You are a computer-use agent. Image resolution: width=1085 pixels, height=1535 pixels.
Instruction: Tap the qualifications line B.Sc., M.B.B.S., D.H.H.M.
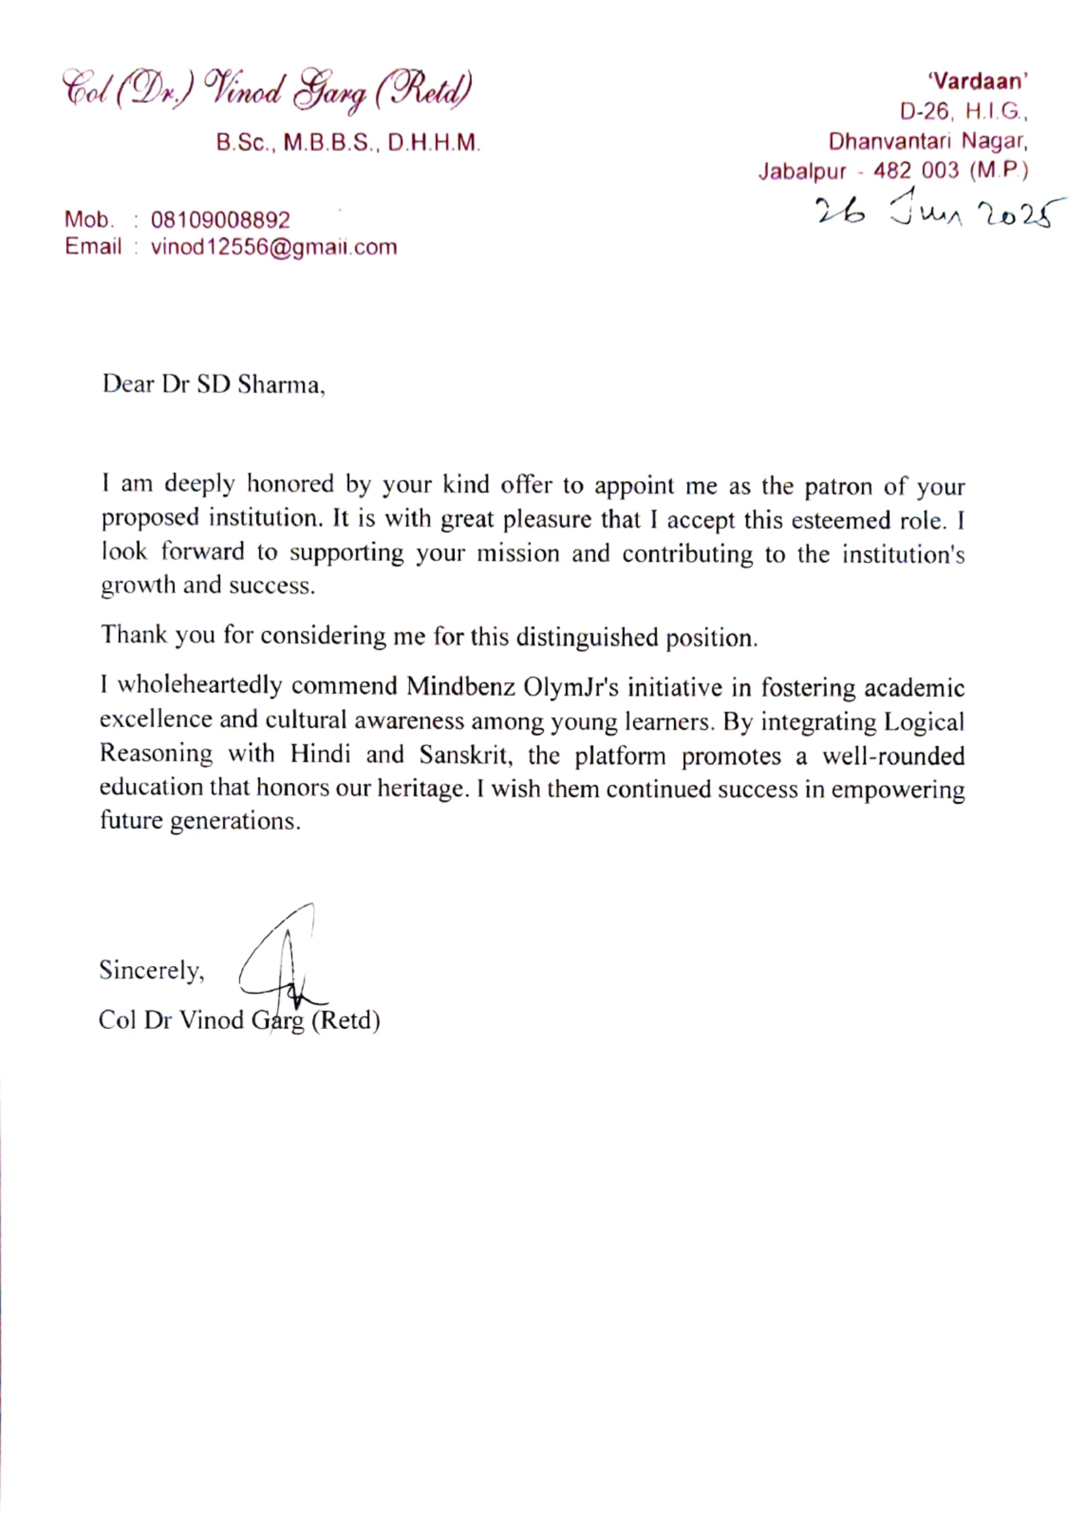[x=348, y=143]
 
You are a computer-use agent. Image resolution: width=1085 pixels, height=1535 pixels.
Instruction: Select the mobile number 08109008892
[x=221, y=220]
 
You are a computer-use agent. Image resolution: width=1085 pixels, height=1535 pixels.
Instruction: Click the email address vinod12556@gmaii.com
[x=274, y=247]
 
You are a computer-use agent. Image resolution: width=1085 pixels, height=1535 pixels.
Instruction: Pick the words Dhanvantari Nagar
[x=928, y=142]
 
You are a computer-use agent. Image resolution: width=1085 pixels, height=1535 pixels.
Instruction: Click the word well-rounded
[x=893, y=756]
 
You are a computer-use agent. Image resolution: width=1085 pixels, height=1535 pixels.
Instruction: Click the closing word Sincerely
[x=151, y=970]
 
